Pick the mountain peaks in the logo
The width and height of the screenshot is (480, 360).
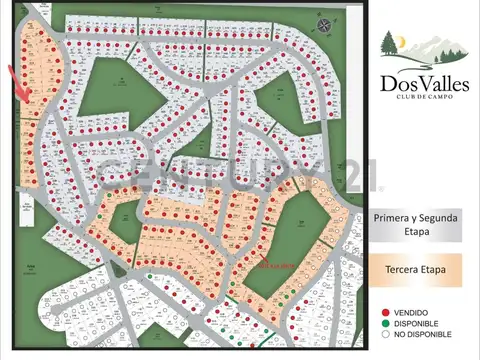click(x=425, y=49)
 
